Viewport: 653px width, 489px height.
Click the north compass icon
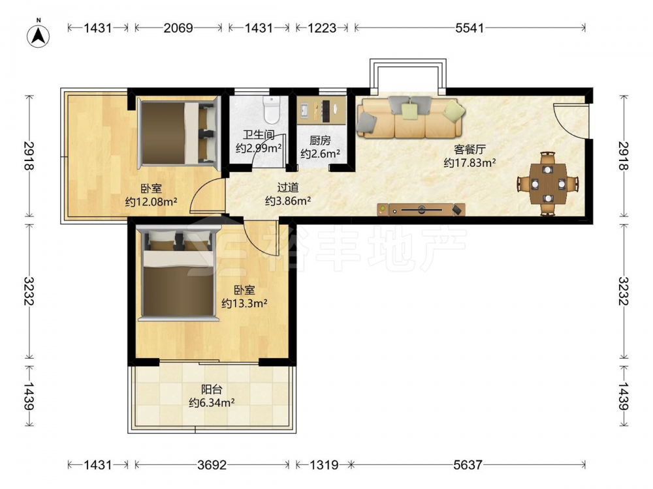39,35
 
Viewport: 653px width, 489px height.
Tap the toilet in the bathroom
272,110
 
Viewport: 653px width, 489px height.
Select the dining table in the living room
548,183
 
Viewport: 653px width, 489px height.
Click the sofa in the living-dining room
410,117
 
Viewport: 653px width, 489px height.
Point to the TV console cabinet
421,209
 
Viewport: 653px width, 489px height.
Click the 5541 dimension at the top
470,28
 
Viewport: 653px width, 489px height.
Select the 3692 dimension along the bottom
212,464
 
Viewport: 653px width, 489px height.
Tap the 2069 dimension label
178,28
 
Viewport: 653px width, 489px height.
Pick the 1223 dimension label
321,28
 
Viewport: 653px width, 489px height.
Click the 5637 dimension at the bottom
468,464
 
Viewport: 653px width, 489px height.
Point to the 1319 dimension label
324,464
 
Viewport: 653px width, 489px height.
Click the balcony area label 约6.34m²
212,402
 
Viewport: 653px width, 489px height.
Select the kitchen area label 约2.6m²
320,153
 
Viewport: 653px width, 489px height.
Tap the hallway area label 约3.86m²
288,201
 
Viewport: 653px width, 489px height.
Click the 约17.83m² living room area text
470,162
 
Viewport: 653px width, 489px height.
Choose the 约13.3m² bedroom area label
244,304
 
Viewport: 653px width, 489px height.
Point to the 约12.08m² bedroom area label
151,202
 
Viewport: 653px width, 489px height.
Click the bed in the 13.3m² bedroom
178,273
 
